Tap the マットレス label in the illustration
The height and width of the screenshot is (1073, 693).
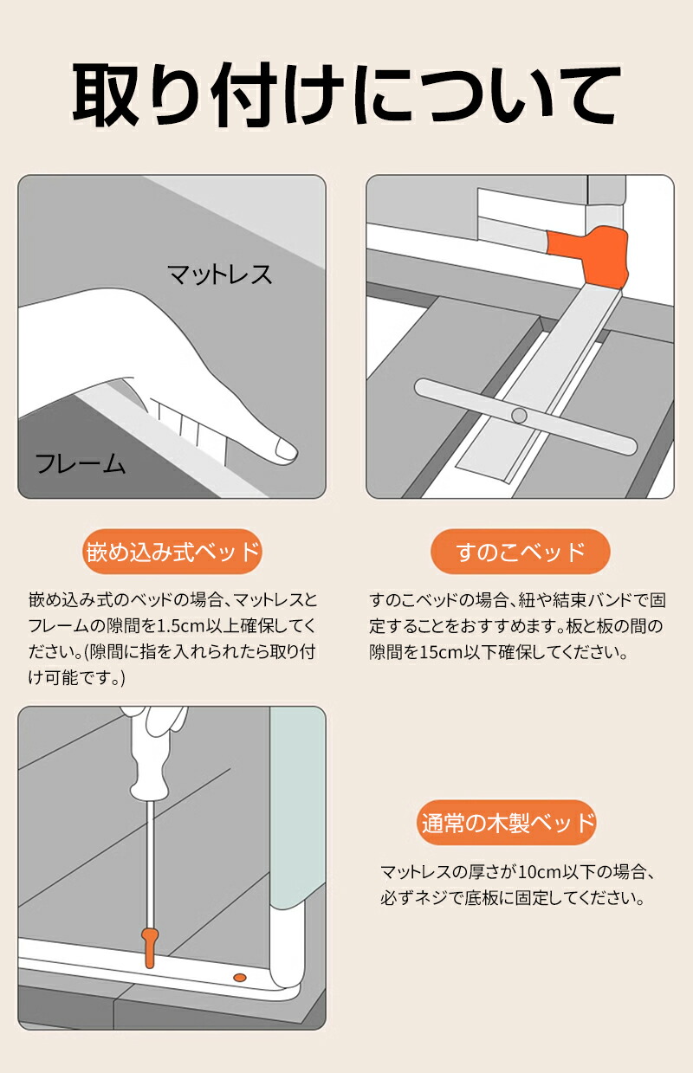click(219, 275)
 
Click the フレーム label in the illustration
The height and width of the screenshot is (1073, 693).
click(80, 463)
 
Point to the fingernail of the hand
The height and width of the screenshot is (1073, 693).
click(286, 449)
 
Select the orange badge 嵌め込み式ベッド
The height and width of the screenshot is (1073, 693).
click(172, 552)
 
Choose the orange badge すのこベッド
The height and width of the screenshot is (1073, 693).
click(521, 552)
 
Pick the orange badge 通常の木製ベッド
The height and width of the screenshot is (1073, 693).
click(507, 823)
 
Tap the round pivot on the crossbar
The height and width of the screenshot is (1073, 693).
click(519, 415)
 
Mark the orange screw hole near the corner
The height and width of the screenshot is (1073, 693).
click(240, 977)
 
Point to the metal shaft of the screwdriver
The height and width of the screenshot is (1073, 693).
click(150, 863)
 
